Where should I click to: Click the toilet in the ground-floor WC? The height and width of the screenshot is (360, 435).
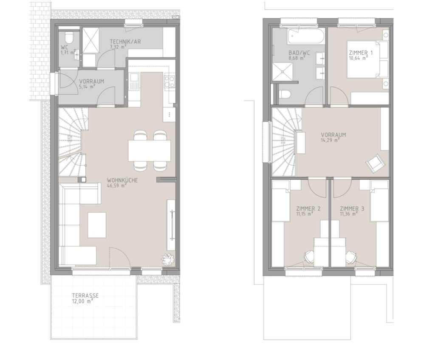click(x=68, y=37)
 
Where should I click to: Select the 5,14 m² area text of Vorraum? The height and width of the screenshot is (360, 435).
click(x=87, y=87)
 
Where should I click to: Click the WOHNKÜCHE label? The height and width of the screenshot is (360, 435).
click(x=122, y=180)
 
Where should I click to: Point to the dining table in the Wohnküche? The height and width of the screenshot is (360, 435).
click(x=149, y=151)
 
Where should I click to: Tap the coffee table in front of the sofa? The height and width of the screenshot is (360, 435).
click(x=97, y=225)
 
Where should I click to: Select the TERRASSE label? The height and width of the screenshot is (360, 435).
click(x=85, y=295)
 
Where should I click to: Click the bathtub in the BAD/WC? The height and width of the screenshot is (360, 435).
click(x=306, y=37)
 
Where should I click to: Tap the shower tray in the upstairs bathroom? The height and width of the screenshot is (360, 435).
click(x=282, y=72)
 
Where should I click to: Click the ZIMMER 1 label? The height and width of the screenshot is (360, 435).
click(x=361, y=53)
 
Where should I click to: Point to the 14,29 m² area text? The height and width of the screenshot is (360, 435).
click(x=330, y=141)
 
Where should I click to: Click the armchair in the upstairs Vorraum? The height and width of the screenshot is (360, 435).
click(x=376, y=162)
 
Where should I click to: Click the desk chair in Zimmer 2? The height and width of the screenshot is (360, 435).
click(x=309, y=256)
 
